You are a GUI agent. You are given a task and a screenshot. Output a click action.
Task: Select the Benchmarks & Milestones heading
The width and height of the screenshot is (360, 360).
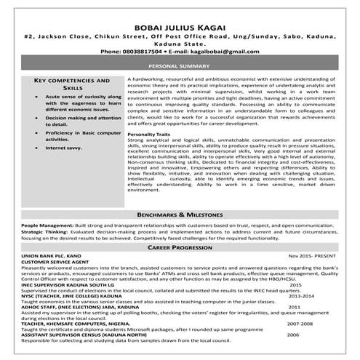[x=180, y=217]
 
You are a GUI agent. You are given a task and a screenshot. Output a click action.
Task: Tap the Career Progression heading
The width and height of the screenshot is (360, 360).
[x=180, y=248]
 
